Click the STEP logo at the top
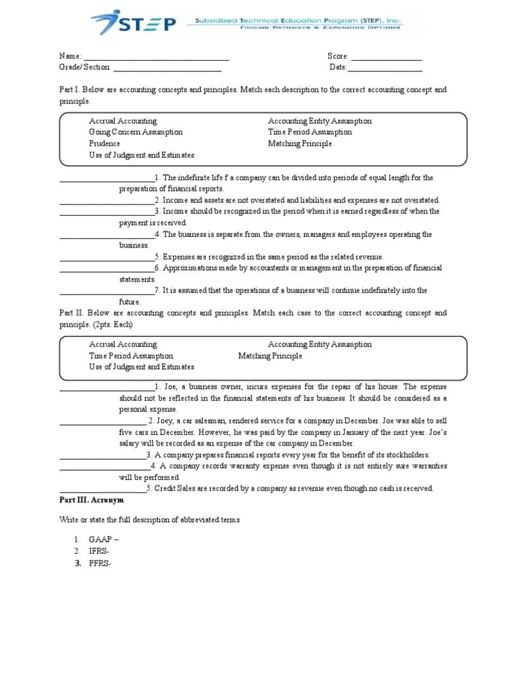[x=135, y=24]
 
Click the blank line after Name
[x=156, y=58]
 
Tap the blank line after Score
[x=386, y=58]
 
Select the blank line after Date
[x=385, y=69]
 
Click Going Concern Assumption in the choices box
[x=136, y=132]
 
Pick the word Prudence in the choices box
[x=105, y=143]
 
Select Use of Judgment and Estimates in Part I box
[x=142, y=155]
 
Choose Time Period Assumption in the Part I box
[x=310, y=132]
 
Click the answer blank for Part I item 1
[x=106, y=180]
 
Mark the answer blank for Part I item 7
[x=106, y=292]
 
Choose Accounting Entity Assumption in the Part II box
[x=320, y=345]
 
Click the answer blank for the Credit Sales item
[x=102, y=490]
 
